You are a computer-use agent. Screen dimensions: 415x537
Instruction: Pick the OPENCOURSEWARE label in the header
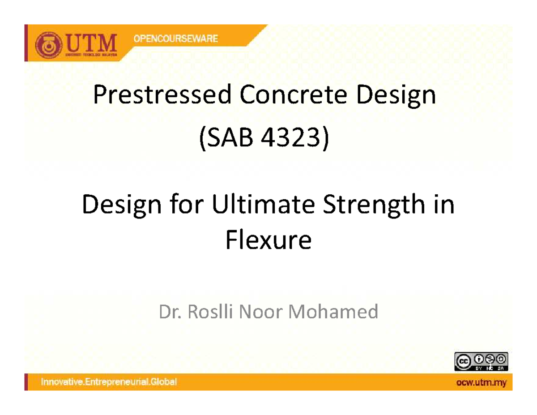click(175, 39)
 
